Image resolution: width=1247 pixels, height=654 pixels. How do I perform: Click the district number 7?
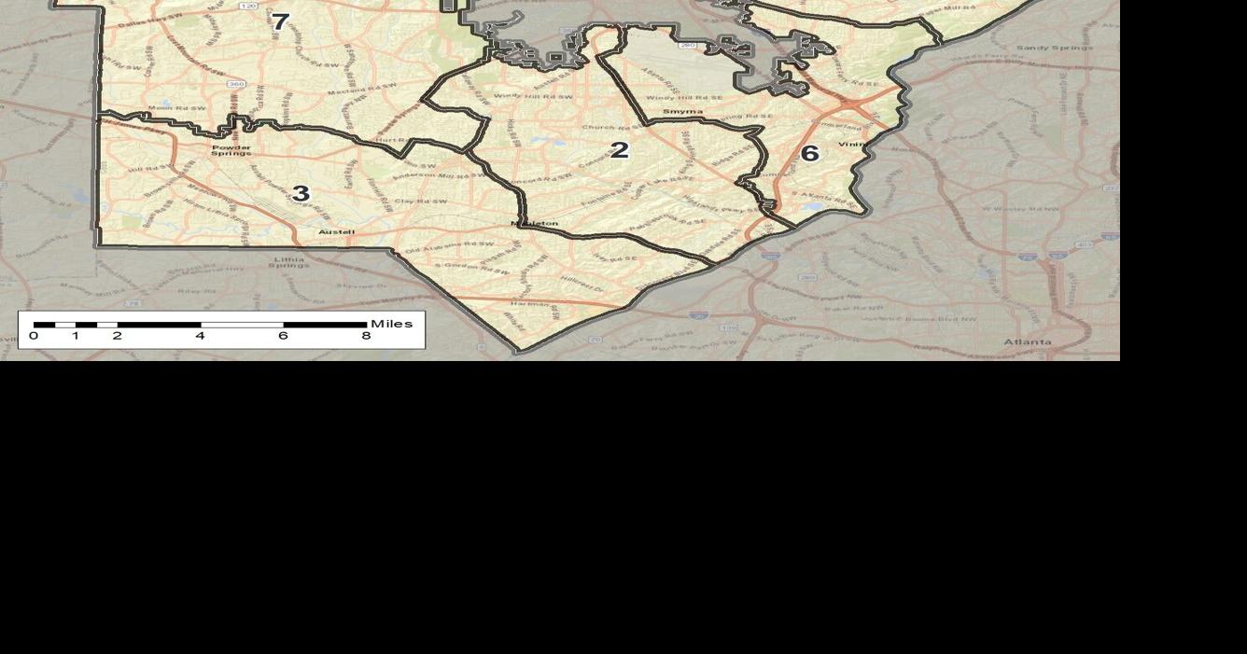(x=280, y=21)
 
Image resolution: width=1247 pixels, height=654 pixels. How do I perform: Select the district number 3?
(x=301, y=194)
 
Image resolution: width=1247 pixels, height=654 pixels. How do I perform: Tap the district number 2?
(x=620, y=150)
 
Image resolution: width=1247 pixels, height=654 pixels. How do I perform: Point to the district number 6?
(x=809, y=154)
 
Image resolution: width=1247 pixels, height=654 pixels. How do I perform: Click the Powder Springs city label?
(x=231, y=149)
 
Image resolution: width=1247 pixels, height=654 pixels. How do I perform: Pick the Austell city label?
(x=336, y=232)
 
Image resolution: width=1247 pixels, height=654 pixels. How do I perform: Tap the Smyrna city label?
(x=682, y=112)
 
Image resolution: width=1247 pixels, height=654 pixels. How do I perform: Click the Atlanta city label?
(x=1028, y=342)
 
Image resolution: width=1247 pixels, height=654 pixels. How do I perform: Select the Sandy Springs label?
(x=1054, y=48)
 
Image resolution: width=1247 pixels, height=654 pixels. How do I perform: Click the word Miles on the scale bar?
(x=391, y=324)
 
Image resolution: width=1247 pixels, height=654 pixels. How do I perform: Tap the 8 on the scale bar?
(x=366, y=336)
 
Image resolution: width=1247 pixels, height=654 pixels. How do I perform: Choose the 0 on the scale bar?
(x=34, y=336)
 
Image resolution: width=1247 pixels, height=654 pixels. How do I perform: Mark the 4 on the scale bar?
(x=200, y=336)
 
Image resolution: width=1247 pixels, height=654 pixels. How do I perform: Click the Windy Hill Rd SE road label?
(x=683, y=98)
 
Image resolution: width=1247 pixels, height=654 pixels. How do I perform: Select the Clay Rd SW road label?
(x=420, y=202)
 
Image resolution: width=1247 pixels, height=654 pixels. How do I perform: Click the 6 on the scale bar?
(x=283, y=336)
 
